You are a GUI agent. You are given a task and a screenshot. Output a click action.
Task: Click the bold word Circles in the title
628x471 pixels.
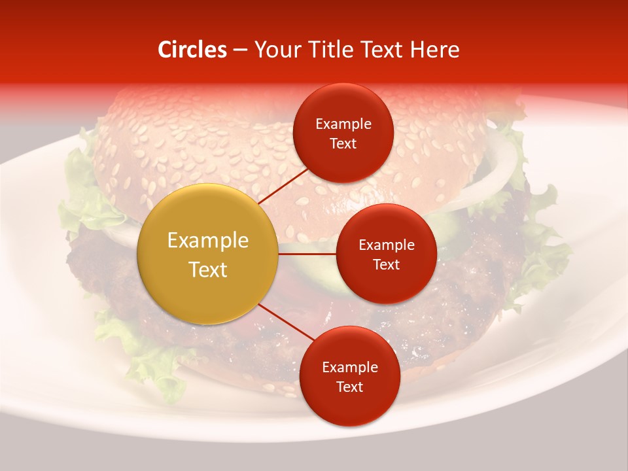click(x=192, y=50)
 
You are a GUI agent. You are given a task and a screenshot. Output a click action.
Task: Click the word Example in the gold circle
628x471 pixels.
click(x=208, y=241)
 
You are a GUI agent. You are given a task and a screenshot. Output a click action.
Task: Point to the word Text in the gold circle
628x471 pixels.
click(x=208, y=270)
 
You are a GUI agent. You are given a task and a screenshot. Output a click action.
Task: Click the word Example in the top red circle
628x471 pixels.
click(x=343, y=124)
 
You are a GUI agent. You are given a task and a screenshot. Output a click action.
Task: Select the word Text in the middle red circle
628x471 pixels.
click(x=386, y=265)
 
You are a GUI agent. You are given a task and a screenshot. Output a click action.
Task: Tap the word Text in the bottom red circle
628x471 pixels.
click(x=349, y=387)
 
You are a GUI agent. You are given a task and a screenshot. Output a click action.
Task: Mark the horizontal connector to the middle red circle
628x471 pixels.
click(x=307, y=254)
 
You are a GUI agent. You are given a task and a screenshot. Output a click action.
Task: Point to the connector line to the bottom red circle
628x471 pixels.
click(x=286, y=323)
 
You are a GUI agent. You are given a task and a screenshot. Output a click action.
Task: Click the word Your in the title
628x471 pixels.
click(x=275, y=50)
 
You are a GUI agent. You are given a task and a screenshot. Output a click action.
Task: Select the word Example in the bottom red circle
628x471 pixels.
click(x=350, y=368)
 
